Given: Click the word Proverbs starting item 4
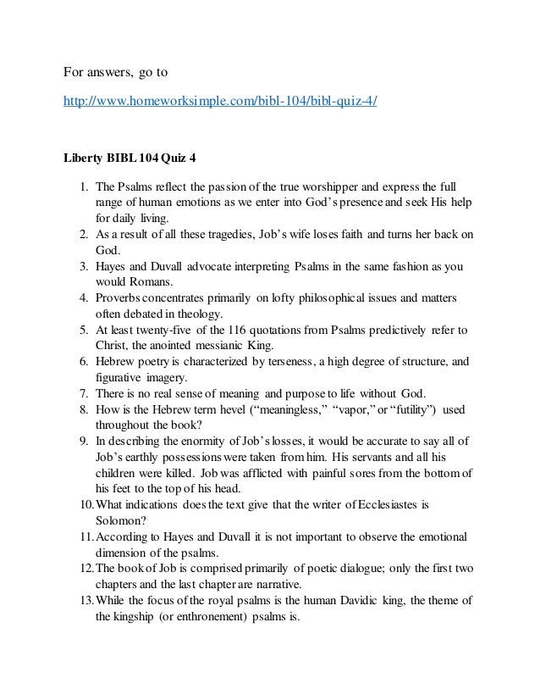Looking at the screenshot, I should click(x=122, y=299).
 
